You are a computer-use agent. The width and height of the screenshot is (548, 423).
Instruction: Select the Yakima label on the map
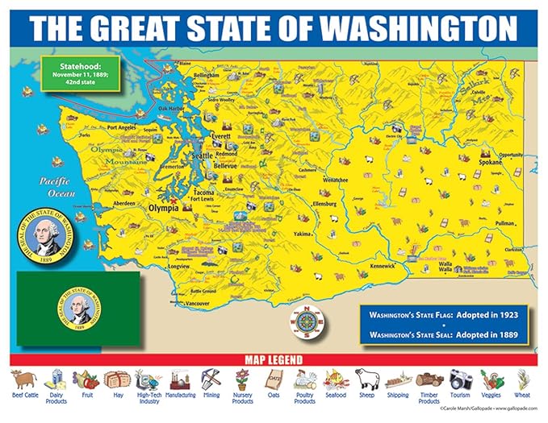pos(302,234)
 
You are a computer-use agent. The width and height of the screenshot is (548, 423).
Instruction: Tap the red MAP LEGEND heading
pos(274,359)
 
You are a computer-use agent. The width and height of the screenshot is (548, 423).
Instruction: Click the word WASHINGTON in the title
pos(420,28)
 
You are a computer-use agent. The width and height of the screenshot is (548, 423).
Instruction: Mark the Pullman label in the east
pos(504,223)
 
